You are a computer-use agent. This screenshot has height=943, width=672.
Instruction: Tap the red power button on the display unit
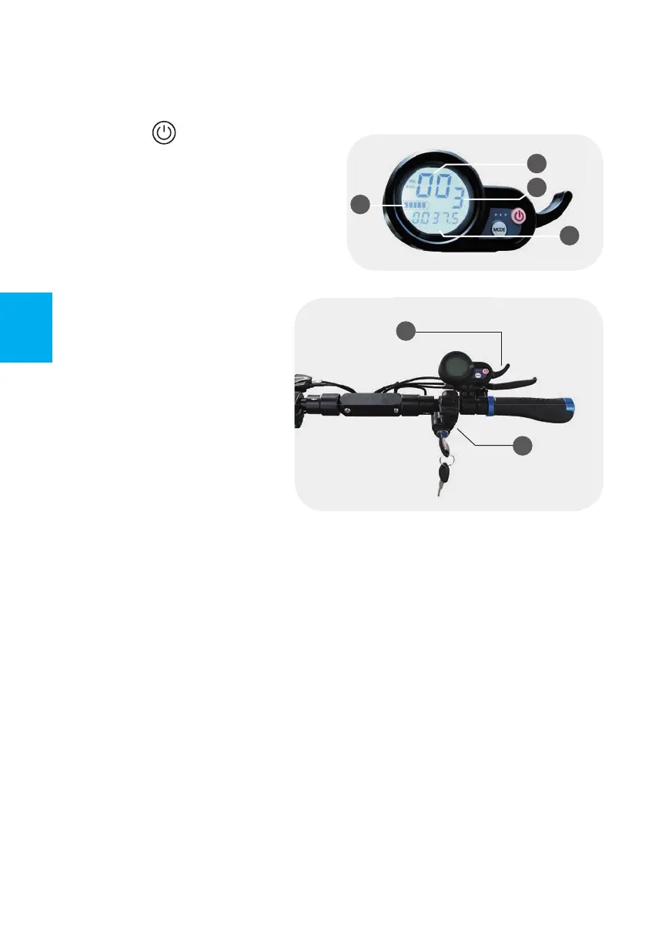(x=520, y=216)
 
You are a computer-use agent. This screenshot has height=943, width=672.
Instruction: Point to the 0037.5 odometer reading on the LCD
(x=435, y=222)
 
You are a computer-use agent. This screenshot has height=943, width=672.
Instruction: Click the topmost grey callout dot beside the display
(x=537, y=162)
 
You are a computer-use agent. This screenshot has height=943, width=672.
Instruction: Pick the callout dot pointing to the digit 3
(x=537, y=187)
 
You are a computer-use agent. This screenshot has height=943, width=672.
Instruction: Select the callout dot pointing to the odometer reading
(x=569, y=236)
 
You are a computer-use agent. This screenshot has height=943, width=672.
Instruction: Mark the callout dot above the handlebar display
(x=406, y=331)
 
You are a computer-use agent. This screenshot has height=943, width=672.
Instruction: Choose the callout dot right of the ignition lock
(x=523, y=446)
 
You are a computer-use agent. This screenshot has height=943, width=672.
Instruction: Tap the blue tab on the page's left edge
(x=26, y=327)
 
